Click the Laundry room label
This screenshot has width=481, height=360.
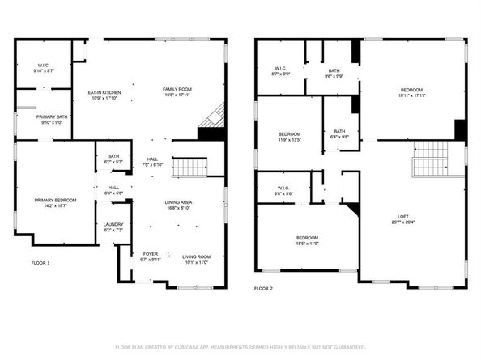[113, 227]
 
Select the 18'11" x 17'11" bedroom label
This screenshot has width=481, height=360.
[412, 92]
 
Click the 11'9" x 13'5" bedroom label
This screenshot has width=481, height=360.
[290, 137]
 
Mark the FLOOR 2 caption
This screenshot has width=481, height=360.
[263, 288]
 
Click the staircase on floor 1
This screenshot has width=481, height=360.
[191, 167]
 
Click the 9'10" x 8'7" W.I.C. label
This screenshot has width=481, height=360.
[45, 68]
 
